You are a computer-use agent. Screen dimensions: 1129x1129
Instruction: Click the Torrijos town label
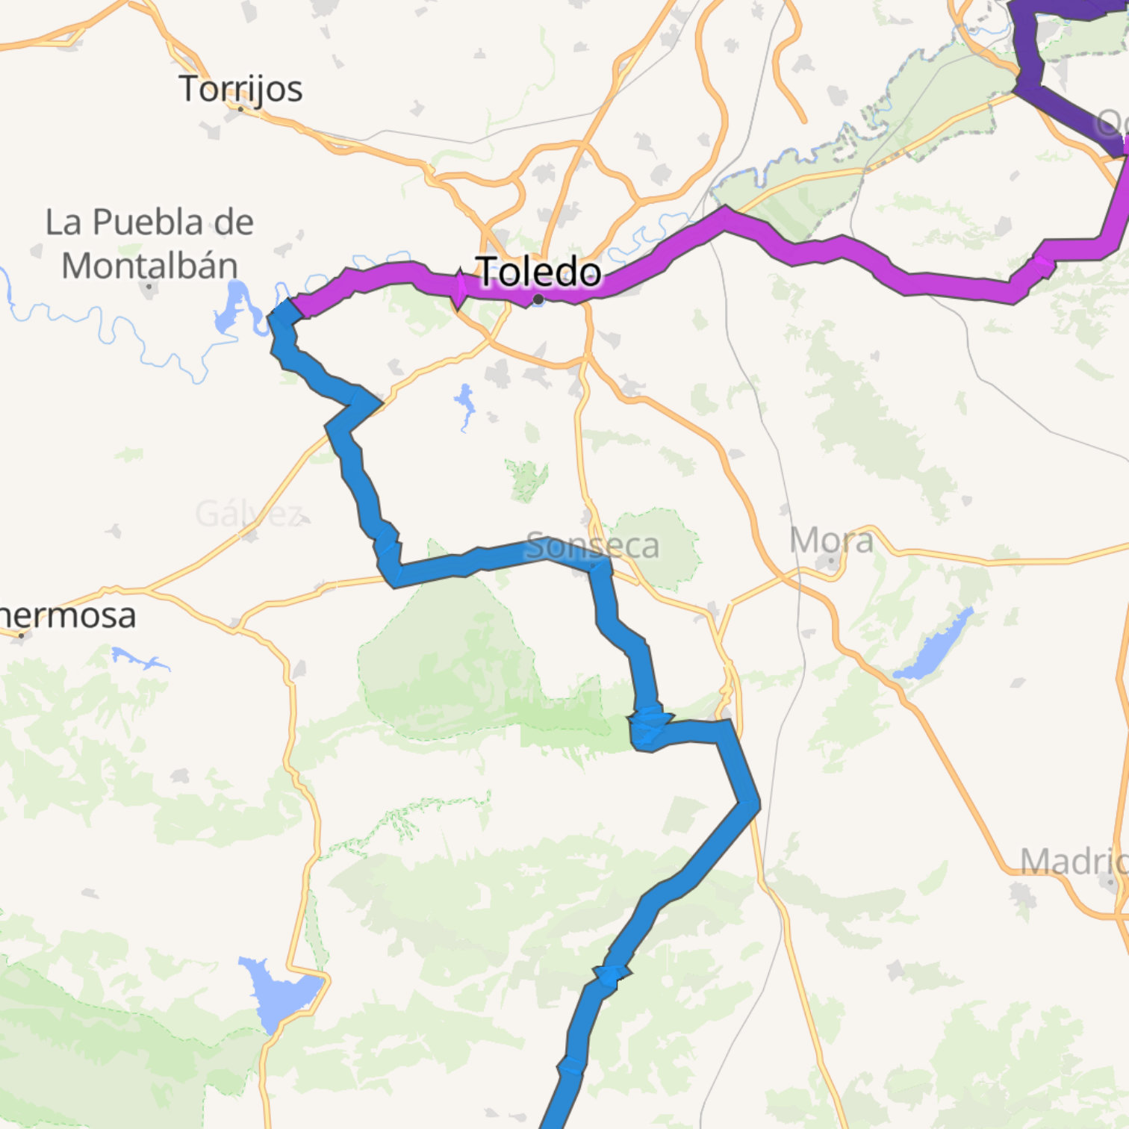pos(240,89)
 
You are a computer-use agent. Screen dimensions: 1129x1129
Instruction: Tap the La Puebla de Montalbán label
pos(149,243)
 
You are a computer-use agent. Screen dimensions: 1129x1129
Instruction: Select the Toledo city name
pos(538,271)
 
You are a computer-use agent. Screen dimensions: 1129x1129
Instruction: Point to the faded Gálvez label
pos(248,514)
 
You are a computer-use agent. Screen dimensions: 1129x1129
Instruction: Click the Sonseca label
pos(592,546)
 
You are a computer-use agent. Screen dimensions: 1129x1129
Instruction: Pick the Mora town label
pos(831,540)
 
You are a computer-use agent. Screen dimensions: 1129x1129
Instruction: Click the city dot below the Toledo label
pos(538,299)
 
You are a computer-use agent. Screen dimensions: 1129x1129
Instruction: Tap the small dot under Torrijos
pos(240,108)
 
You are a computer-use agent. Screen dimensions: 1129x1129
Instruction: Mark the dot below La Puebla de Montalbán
pos(150,286)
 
